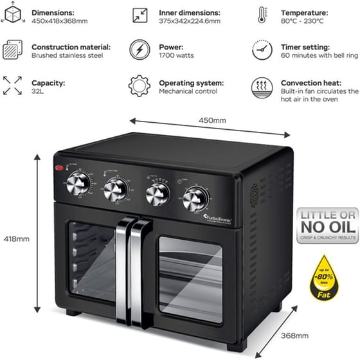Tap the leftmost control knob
point(76,186)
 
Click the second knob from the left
point(115,190)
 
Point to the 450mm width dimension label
point(213,120)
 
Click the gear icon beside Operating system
point(139,86)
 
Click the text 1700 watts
point(176,56)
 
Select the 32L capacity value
point(37,91)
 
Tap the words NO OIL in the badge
point(325,228)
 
